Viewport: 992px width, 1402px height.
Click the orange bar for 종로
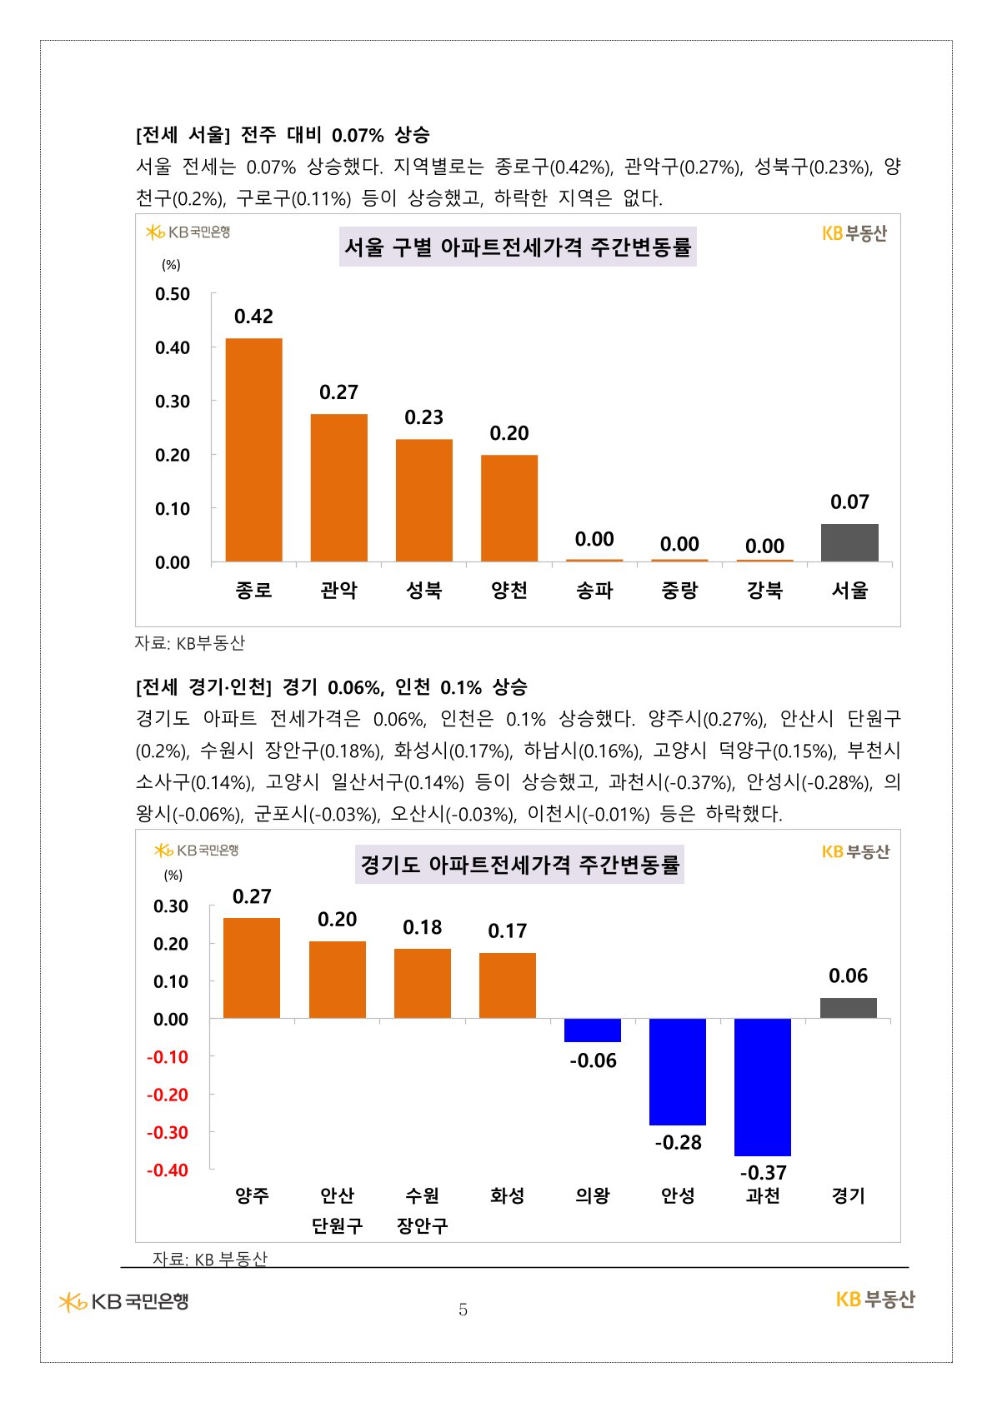pyautogui.click(x=253, y=450)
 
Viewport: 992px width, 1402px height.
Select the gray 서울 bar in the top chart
pyautogui.click(x=849, y=542)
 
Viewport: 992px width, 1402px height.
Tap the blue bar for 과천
pyautogui.click(x=762, y=1086)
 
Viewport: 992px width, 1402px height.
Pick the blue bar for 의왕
pyautogui.click(x=592, y=1030)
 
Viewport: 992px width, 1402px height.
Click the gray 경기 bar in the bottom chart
pyautogui.click(x=848, y=1008)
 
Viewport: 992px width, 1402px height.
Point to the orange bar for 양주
pyautogui.click(x=252, y=968)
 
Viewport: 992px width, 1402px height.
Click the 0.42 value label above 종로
pyautogui.click(x=253, y=317)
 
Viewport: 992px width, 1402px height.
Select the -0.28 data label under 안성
pyautogui.click(x=678, y=1142)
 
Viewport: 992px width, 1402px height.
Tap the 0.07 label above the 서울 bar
pyautogui.click(x=849, y=502)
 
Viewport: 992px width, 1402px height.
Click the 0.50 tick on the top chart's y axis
pyautogui.click(x=173, y=294)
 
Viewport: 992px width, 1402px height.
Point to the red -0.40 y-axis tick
pyautogui.click(x=168, y=1170)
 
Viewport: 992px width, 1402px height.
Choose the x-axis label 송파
pyautogui.click(x=594, y=591)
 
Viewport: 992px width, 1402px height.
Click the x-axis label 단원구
pyautogui.click(x=337, y=1225)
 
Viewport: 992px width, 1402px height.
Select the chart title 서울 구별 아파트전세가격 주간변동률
pyautogui.click(x=518, y=247)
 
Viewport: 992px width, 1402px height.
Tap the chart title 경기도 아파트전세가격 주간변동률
pyautogui.click(x=519, y=865)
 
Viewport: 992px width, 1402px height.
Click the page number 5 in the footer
pyautogui.click(x=463, y=1310)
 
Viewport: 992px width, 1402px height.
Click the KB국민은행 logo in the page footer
pyautogui.click(x=124, y=1301)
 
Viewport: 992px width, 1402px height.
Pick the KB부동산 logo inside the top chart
pyautogui.click(x=854, y=234)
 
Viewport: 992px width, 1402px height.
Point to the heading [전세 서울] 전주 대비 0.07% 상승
pyautogui.click(x=283, y=135)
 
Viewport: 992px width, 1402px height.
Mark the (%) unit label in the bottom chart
pyautogui.click(x=173, y=875)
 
